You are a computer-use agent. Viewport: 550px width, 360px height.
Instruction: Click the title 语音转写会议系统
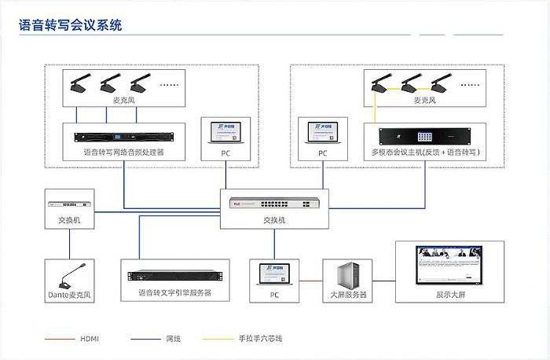pyautogui.click(x=71, y=25)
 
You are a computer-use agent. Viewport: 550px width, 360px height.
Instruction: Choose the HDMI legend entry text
pyautogui.click(x=90, y=339)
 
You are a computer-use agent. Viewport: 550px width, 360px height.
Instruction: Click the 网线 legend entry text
pyautogui.click(x=173, y=339)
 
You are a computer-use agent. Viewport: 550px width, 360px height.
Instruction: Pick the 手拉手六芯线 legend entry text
pyautogui.click(x=259, y=339)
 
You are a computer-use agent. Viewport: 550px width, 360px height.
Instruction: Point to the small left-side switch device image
pyautogui.click(x=68, y=200)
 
